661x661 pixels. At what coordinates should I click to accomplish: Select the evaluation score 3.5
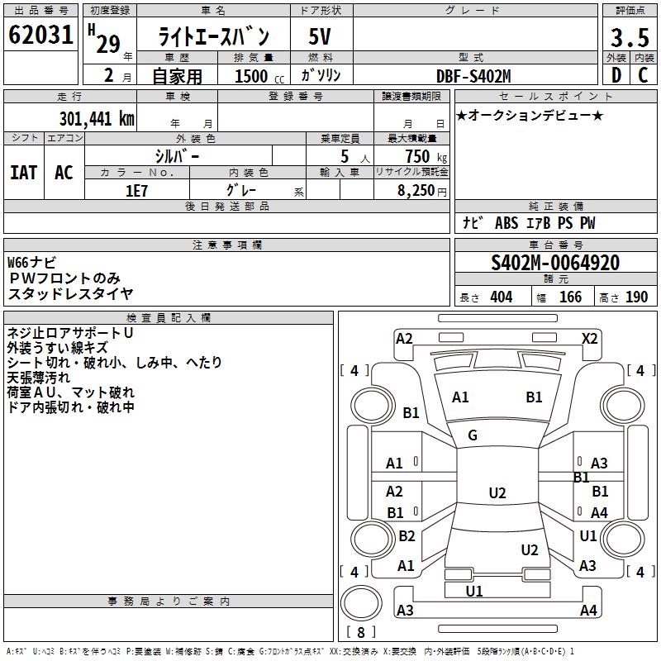pos(629,37)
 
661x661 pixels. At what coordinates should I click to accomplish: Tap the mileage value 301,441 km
pos(97,118)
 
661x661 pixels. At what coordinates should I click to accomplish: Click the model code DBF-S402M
pos(473,76)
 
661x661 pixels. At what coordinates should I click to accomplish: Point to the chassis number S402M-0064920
pos(555,263)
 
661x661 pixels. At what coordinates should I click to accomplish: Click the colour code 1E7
pos(137,189)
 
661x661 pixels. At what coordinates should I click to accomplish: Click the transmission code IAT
pos(23,172)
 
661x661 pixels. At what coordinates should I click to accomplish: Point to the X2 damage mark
pos(590,338)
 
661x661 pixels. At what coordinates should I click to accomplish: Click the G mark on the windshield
pos(473,435)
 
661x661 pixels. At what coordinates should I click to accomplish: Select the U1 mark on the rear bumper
pos(474,591)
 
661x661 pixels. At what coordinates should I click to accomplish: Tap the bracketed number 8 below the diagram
pos(361,633)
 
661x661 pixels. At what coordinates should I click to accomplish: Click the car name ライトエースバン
pos(214,37)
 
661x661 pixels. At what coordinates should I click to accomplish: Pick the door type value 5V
pos(320,37)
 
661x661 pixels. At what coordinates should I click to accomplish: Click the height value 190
pos(637,297)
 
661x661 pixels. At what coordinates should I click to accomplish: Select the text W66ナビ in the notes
pos(32,263)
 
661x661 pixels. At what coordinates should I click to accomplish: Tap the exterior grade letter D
pos(616,75)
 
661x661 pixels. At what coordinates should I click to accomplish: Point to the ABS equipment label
pos(506,223)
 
